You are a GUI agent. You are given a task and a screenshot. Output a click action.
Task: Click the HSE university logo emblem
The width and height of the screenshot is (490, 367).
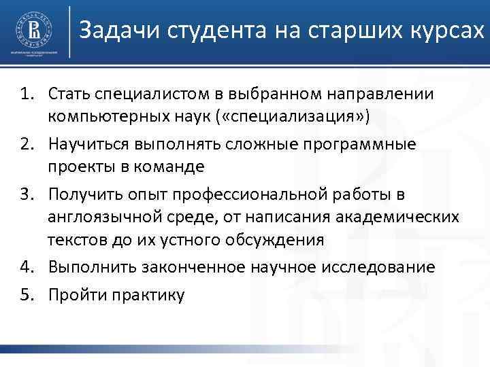(32, 30)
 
